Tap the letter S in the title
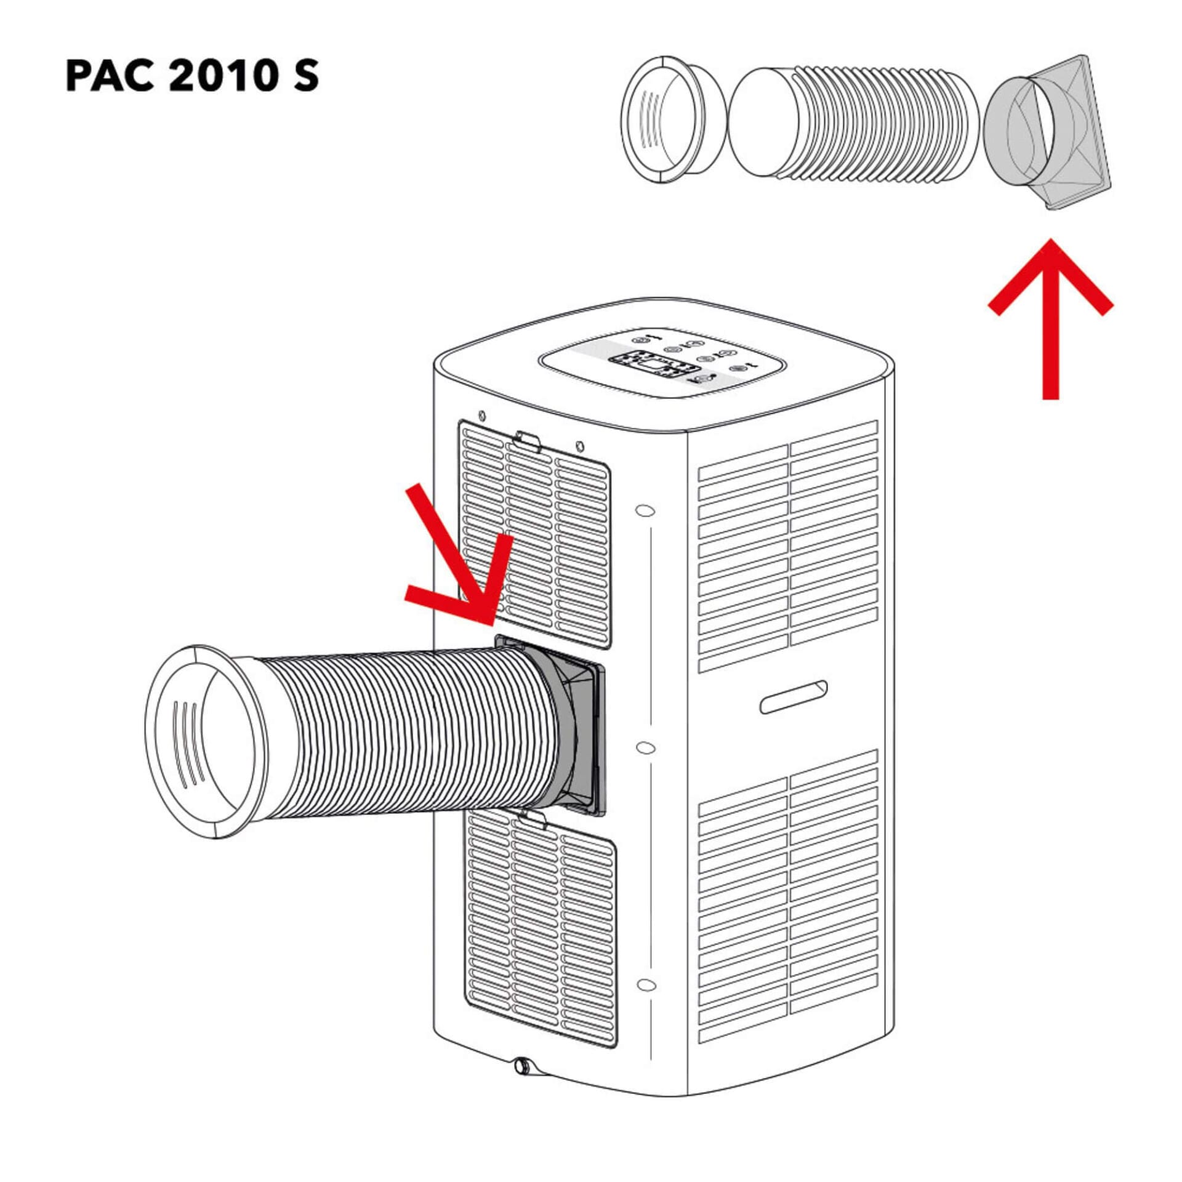coord(306,76)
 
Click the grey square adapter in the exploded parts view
coord(1047,132)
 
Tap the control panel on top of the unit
coord(662,365)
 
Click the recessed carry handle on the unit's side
coord(794,697)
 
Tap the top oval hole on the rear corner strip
coord(645,510)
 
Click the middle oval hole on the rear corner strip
coord(645,747)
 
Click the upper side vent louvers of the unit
coord(789,547)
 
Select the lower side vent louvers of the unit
coord(789,896)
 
